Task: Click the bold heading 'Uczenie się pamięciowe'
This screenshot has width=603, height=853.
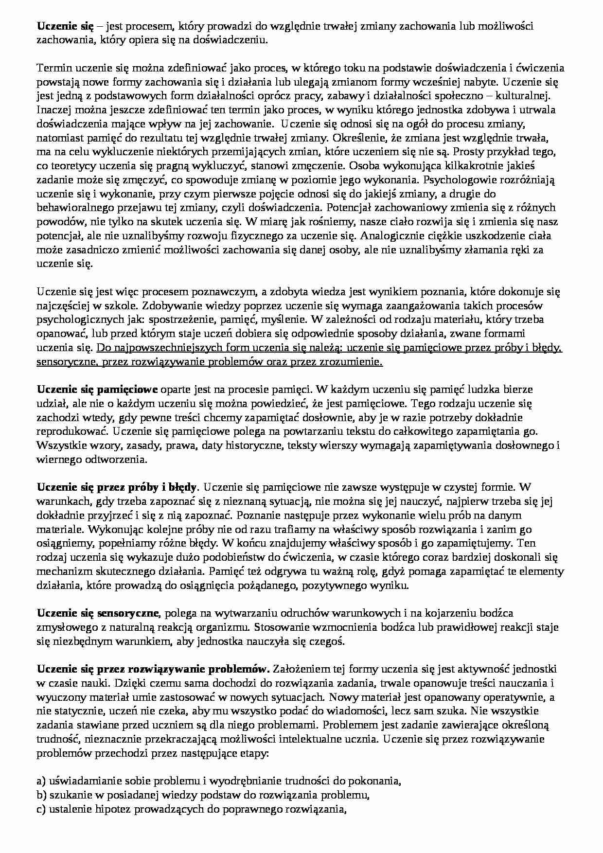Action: tap(97, 390)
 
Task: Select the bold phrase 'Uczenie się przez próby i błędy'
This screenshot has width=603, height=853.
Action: tap(117, 487)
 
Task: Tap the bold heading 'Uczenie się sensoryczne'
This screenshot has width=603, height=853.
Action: tap(100, 613)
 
